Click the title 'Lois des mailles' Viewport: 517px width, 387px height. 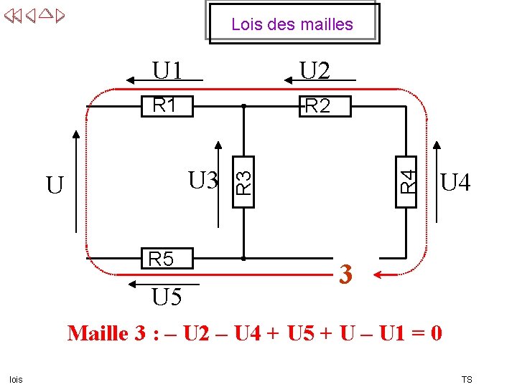[292, 24]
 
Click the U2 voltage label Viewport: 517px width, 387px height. [315, 71]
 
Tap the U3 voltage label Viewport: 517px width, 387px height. [203, 180]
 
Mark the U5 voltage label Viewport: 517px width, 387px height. [167, 297]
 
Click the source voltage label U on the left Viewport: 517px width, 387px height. [55, 186]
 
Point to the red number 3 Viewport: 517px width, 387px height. [346, 274]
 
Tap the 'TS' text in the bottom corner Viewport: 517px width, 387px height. [467, 379]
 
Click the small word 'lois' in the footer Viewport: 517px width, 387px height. [16, 379]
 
